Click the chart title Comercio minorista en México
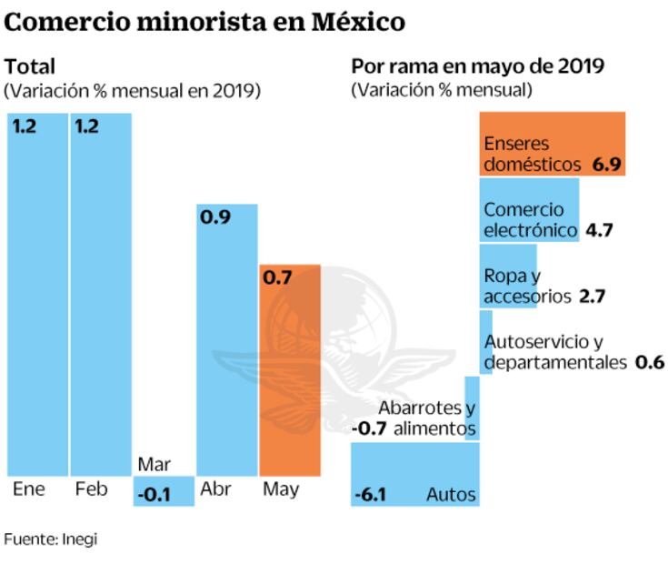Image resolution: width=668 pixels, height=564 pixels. point(204,21)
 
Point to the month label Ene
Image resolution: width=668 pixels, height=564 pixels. point(29,489)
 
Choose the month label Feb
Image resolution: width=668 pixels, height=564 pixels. point(91,489)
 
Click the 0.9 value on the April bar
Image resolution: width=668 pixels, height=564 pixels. point(214,219)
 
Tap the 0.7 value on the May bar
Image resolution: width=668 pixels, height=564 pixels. point(276,279)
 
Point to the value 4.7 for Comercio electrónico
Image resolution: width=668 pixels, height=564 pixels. point(600,230)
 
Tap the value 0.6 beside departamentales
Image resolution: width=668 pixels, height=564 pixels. point(650,362)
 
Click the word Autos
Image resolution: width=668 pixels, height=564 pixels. point(451,495)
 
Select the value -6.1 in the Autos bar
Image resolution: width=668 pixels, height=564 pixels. point(371,495)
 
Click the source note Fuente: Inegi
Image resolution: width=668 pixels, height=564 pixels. point(50,539)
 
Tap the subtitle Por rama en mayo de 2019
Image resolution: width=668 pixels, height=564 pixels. point(479,66)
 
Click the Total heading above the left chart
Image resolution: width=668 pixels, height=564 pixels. point(30,66)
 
